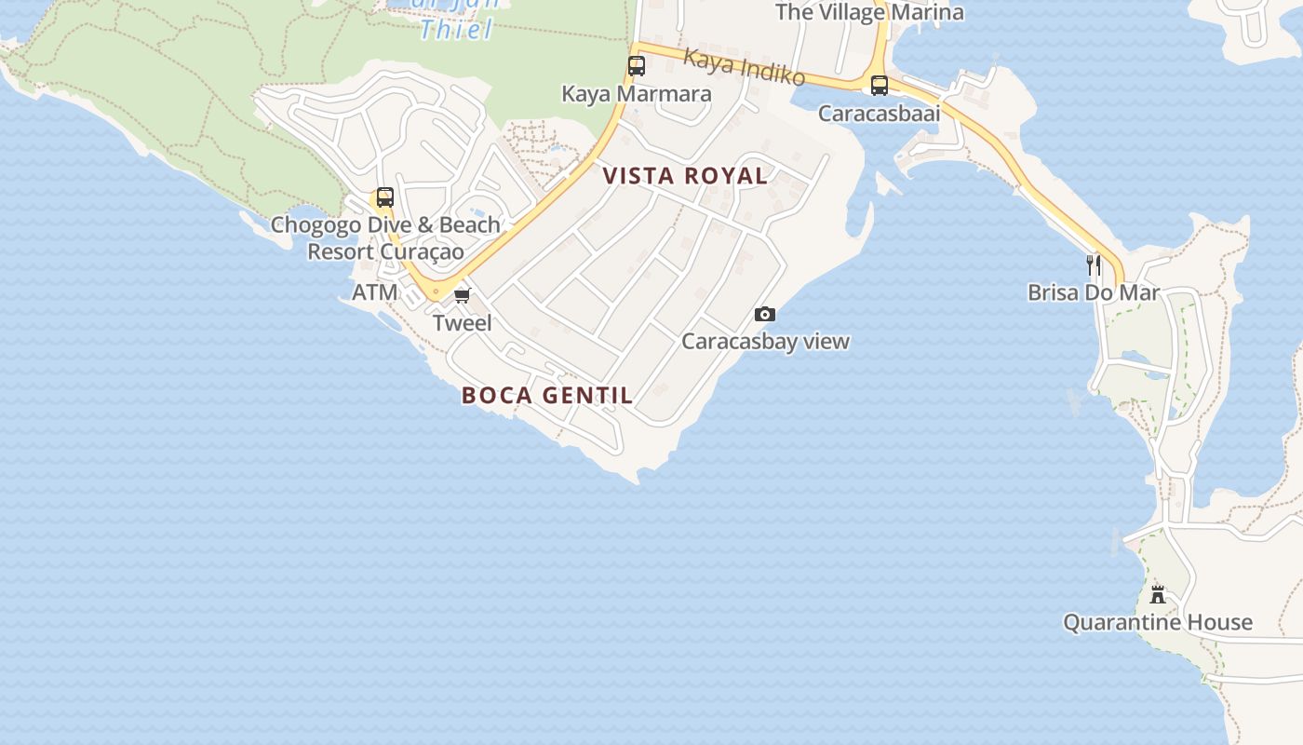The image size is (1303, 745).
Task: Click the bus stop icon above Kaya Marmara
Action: tap(637, 66)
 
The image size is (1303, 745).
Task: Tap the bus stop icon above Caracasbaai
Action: tap(880, 86)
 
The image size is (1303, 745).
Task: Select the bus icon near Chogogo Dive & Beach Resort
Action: tap(384, 197)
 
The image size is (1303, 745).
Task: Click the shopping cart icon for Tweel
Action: tap(463, 296)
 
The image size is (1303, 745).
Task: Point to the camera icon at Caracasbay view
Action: tap(765, 315)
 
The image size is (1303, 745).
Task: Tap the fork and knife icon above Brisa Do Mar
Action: tap(1094, 265)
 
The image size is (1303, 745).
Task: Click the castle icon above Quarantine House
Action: tap(1158, 594)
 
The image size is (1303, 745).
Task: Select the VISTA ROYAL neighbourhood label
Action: tap(685, 176)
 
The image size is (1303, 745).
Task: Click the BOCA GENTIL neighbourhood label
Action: tap(547, 395)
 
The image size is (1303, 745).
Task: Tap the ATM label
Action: tap(375, 292)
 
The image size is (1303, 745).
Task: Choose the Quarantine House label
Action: tap(1158, 622)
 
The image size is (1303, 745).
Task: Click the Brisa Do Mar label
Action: tap(1094, 292)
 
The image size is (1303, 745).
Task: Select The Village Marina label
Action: tap(869, 12)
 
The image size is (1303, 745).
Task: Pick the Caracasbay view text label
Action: tap(765, 341)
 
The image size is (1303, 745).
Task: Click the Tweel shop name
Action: tap(463, 323)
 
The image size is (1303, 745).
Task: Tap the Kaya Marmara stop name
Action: tap(637, 94)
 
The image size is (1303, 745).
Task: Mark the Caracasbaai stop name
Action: tap(880, 114)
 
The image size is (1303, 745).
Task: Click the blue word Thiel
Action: tap(456, 30)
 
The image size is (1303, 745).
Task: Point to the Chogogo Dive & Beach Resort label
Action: tap(385, 238)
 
